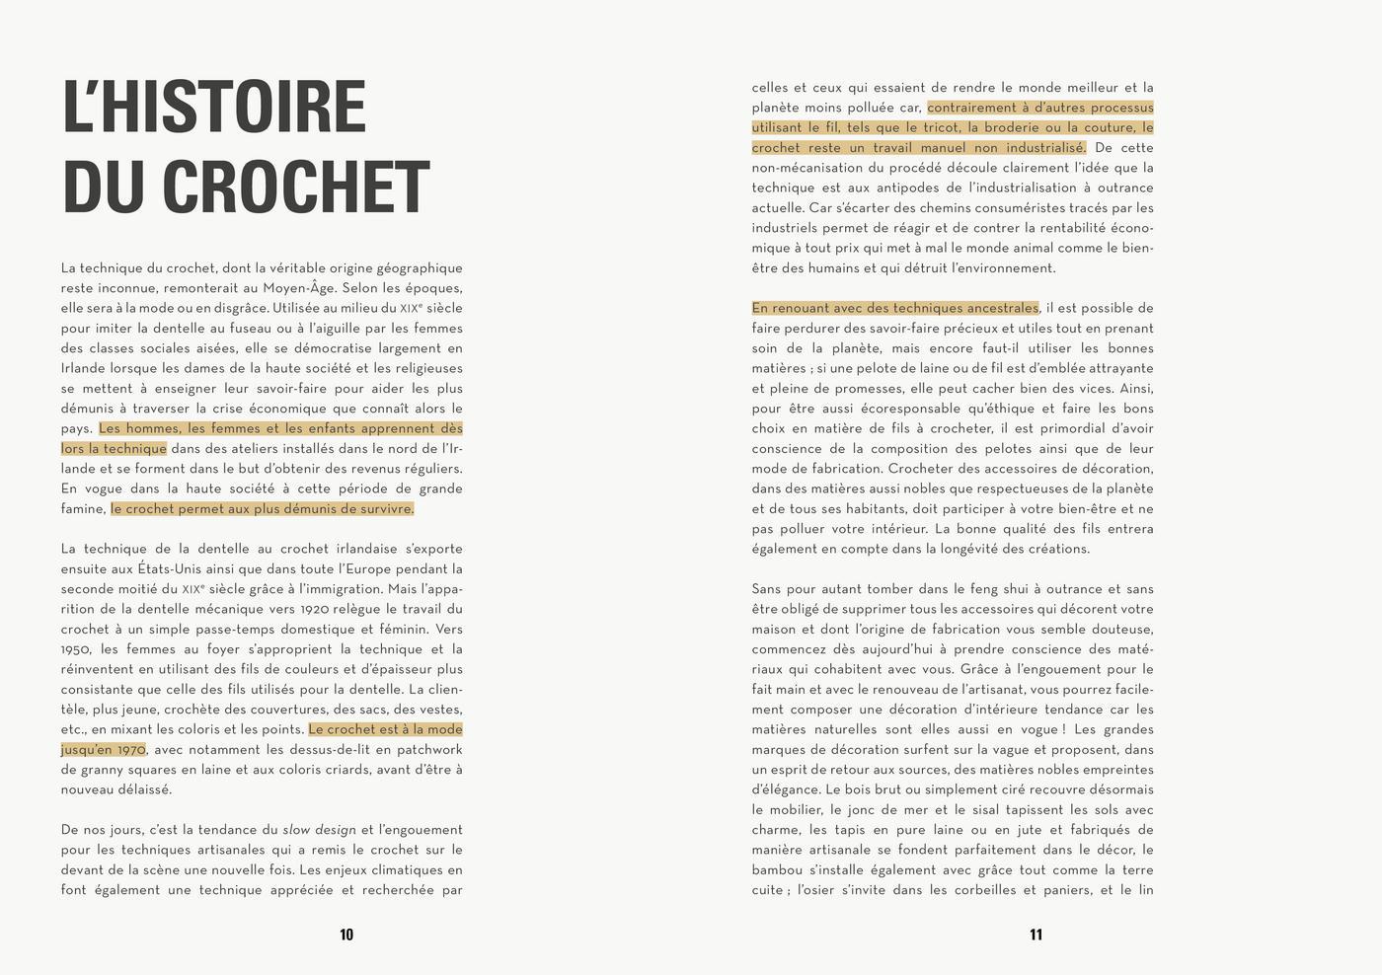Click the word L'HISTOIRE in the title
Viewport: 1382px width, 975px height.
coord(214,107)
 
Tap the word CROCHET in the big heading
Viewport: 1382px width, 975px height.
coord(295,187)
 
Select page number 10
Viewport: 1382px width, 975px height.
coord(346,935)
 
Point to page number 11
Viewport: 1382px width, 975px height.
coord(1036,935)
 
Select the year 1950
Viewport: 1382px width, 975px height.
coord(76,649)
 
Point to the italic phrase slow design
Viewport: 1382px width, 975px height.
coord(319,830)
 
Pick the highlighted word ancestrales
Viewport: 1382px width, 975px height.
coord(999,308)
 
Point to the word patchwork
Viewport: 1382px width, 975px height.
coord(427,749)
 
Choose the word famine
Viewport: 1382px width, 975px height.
coord(82,509)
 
